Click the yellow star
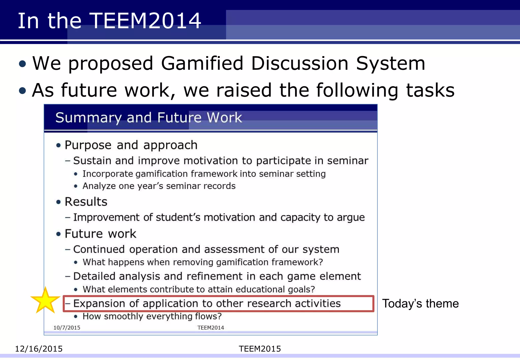[x=45, y=301]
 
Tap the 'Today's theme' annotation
[x=420, y=304]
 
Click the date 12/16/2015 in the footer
[x=39, y=349]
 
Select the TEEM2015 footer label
[x=260, y=349]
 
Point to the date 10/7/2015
[x=67, y=328]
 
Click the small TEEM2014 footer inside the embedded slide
[x=211, y=328]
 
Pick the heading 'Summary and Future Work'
[x=149, y=118]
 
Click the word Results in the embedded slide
[x=86, y=202]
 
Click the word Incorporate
[x=108, y=174]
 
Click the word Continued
[x=99, y=249]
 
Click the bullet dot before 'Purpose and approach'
[x=59, y=145]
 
